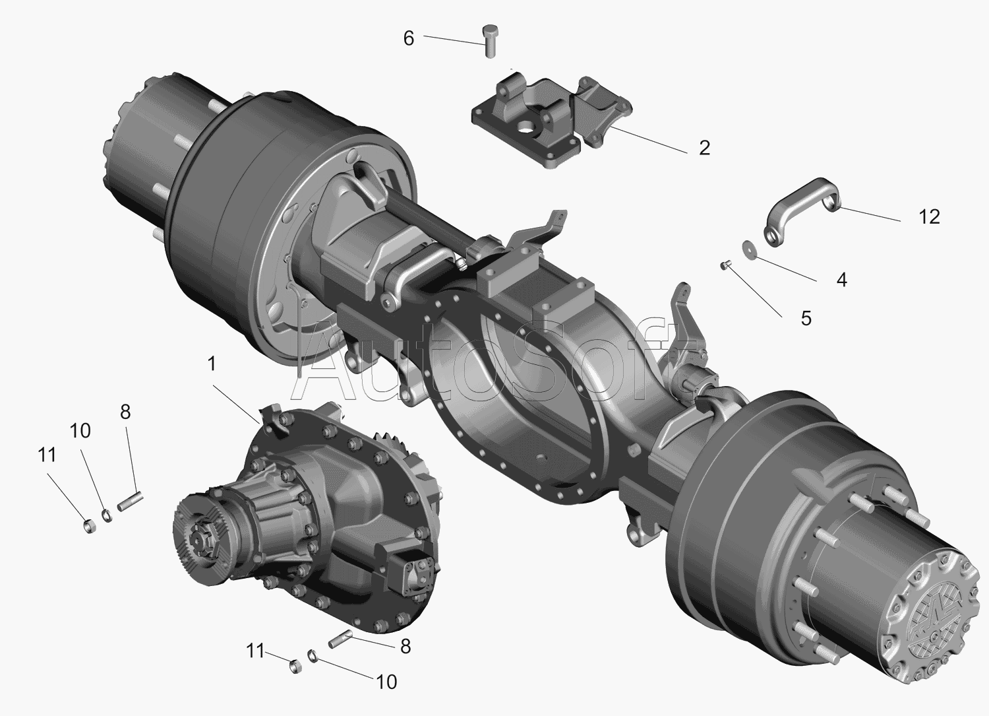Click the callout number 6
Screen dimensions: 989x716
pos(409,38)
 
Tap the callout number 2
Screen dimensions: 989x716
pos(705,148)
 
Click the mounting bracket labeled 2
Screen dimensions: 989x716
pos(552,120)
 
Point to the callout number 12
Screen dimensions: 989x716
pos(930,216)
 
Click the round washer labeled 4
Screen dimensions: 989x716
pos(749,247)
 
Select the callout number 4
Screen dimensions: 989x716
pos(841,280)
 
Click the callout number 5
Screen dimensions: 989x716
pos(806,318)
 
